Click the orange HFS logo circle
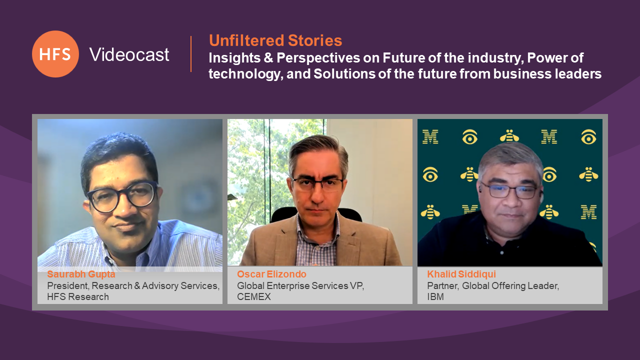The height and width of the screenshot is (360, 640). (55, 54)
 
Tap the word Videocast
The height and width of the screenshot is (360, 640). (129, 54)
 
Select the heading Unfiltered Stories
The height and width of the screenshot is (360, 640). (275, 40)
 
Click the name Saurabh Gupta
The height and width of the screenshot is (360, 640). (81, 274)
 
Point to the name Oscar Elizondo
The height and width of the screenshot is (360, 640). (271, 274)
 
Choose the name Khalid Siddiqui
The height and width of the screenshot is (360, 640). (461, 274)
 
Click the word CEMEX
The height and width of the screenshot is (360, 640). (253, 297)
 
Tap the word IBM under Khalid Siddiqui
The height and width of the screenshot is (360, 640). (435, 297)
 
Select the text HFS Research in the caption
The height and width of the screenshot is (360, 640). (78, 297)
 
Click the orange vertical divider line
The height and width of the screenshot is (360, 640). (191, 53)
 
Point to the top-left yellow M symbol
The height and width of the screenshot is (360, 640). (430, 137)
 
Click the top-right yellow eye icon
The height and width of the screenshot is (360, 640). (588, 137)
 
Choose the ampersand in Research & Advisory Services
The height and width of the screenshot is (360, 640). (137, 286)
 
